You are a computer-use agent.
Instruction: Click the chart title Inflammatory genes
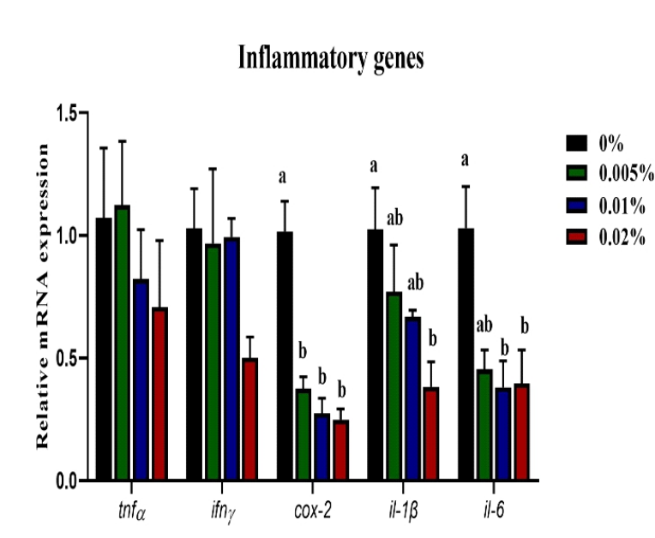(x=333, y=59)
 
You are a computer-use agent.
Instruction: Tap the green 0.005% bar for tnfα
(x=123, y=343)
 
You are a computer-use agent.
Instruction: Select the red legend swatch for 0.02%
(x=576, y=237)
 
